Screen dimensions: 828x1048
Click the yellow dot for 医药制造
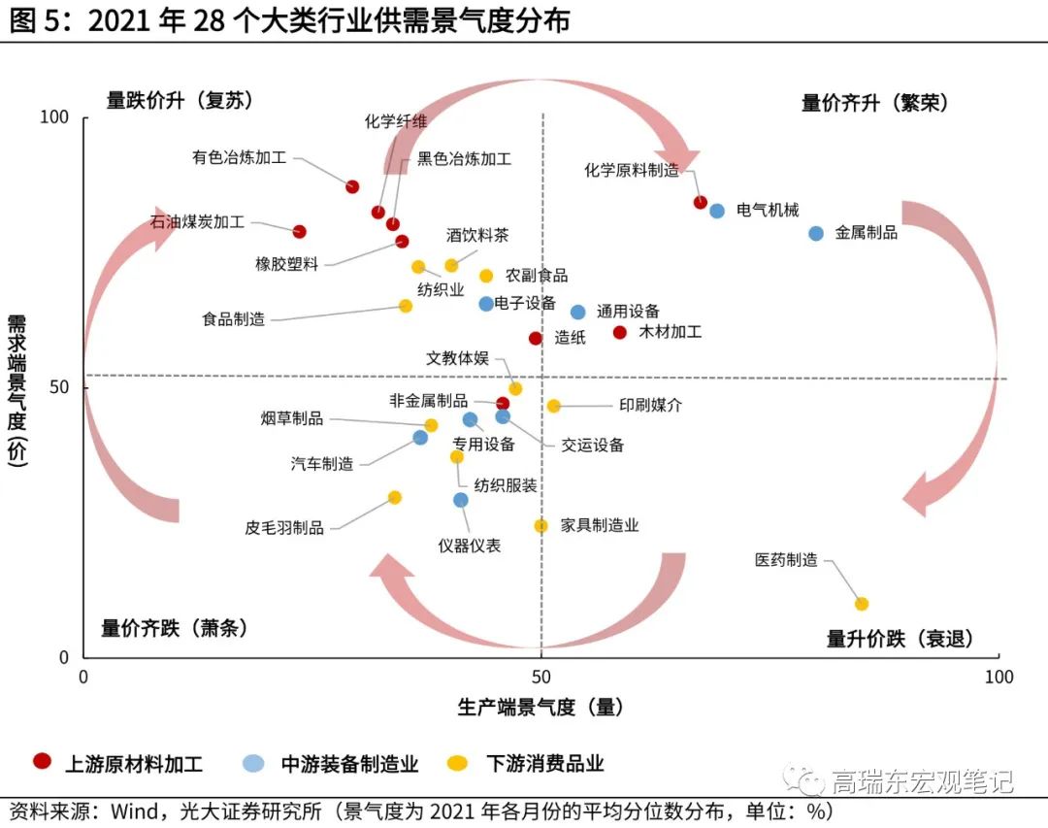pos(861,604)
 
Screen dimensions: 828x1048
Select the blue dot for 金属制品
pos(816,233)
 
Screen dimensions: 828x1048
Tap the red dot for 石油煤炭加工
pos(300,232)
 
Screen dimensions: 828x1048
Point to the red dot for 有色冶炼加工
pos(352,186)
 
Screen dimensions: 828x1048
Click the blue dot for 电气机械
pos(717,211)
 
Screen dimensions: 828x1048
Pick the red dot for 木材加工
pos(620,332)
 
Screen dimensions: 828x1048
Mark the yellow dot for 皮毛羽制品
pos(395,497)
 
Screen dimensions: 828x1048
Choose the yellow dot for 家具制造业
pos(540,525)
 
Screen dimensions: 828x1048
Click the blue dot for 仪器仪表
pos(461,500)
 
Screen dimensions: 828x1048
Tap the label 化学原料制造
pos(632,170)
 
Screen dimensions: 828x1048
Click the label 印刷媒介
pos(650,406)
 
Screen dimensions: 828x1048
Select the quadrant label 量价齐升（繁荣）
pos(874,103)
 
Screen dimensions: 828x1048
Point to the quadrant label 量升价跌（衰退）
pos(900,639)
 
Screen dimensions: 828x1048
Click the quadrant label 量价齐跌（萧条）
pos(175,628)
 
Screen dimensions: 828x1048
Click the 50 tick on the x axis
pos(540,676)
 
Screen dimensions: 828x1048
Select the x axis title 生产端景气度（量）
pos(540,708)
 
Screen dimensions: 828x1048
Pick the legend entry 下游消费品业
pos(544,764)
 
